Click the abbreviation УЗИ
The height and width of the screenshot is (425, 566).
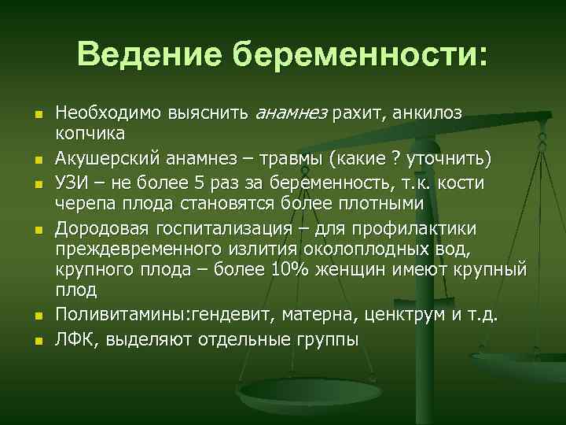(x=72, y=183)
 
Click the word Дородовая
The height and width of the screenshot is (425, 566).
(x=99, y=227)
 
